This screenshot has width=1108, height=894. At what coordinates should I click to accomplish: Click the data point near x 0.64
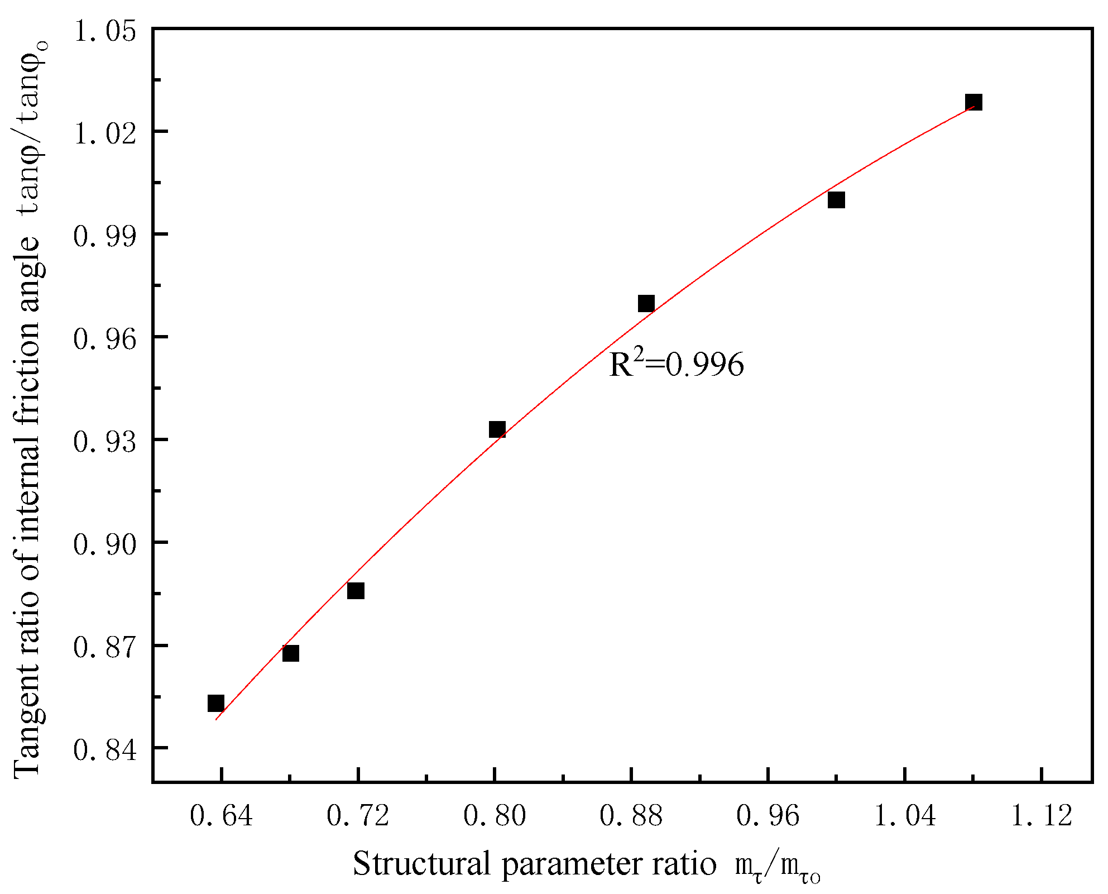click(216, 703)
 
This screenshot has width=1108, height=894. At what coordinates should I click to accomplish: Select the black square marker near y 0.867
click(290, 653)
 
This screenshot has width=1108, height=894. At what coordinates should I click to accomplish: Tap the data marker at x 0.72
click(356, 590)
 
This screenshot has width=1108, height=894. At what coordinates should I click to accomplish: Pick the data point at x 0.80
click(497, 429)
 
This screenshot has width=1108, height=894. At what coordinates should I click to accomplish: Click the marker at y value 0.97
click(646, 303)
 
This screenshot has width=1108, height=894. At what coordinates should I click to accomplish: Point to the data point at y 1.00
click(836, 199)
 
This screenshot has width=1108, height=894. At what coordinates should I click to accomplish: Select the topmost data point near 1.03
click(973, 102)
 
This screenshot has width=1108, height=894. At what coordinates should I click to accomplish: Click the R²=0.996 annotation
click(676, 365)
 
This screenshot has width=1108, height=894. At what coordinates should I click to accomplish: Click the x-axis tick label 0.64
click(221, 816)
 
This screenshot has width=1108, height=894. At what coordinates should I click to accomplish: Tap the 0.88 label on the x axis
click(631, 816)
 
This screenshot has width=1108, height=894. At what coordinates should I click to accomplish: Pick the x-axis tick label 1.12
click(1042, 816)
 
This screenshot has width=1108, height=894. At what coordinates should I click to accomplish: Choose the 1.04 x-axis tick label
click(904, 816)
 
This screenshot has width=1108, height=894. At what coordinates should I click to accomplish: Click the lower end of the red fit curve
click(217, 719)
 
